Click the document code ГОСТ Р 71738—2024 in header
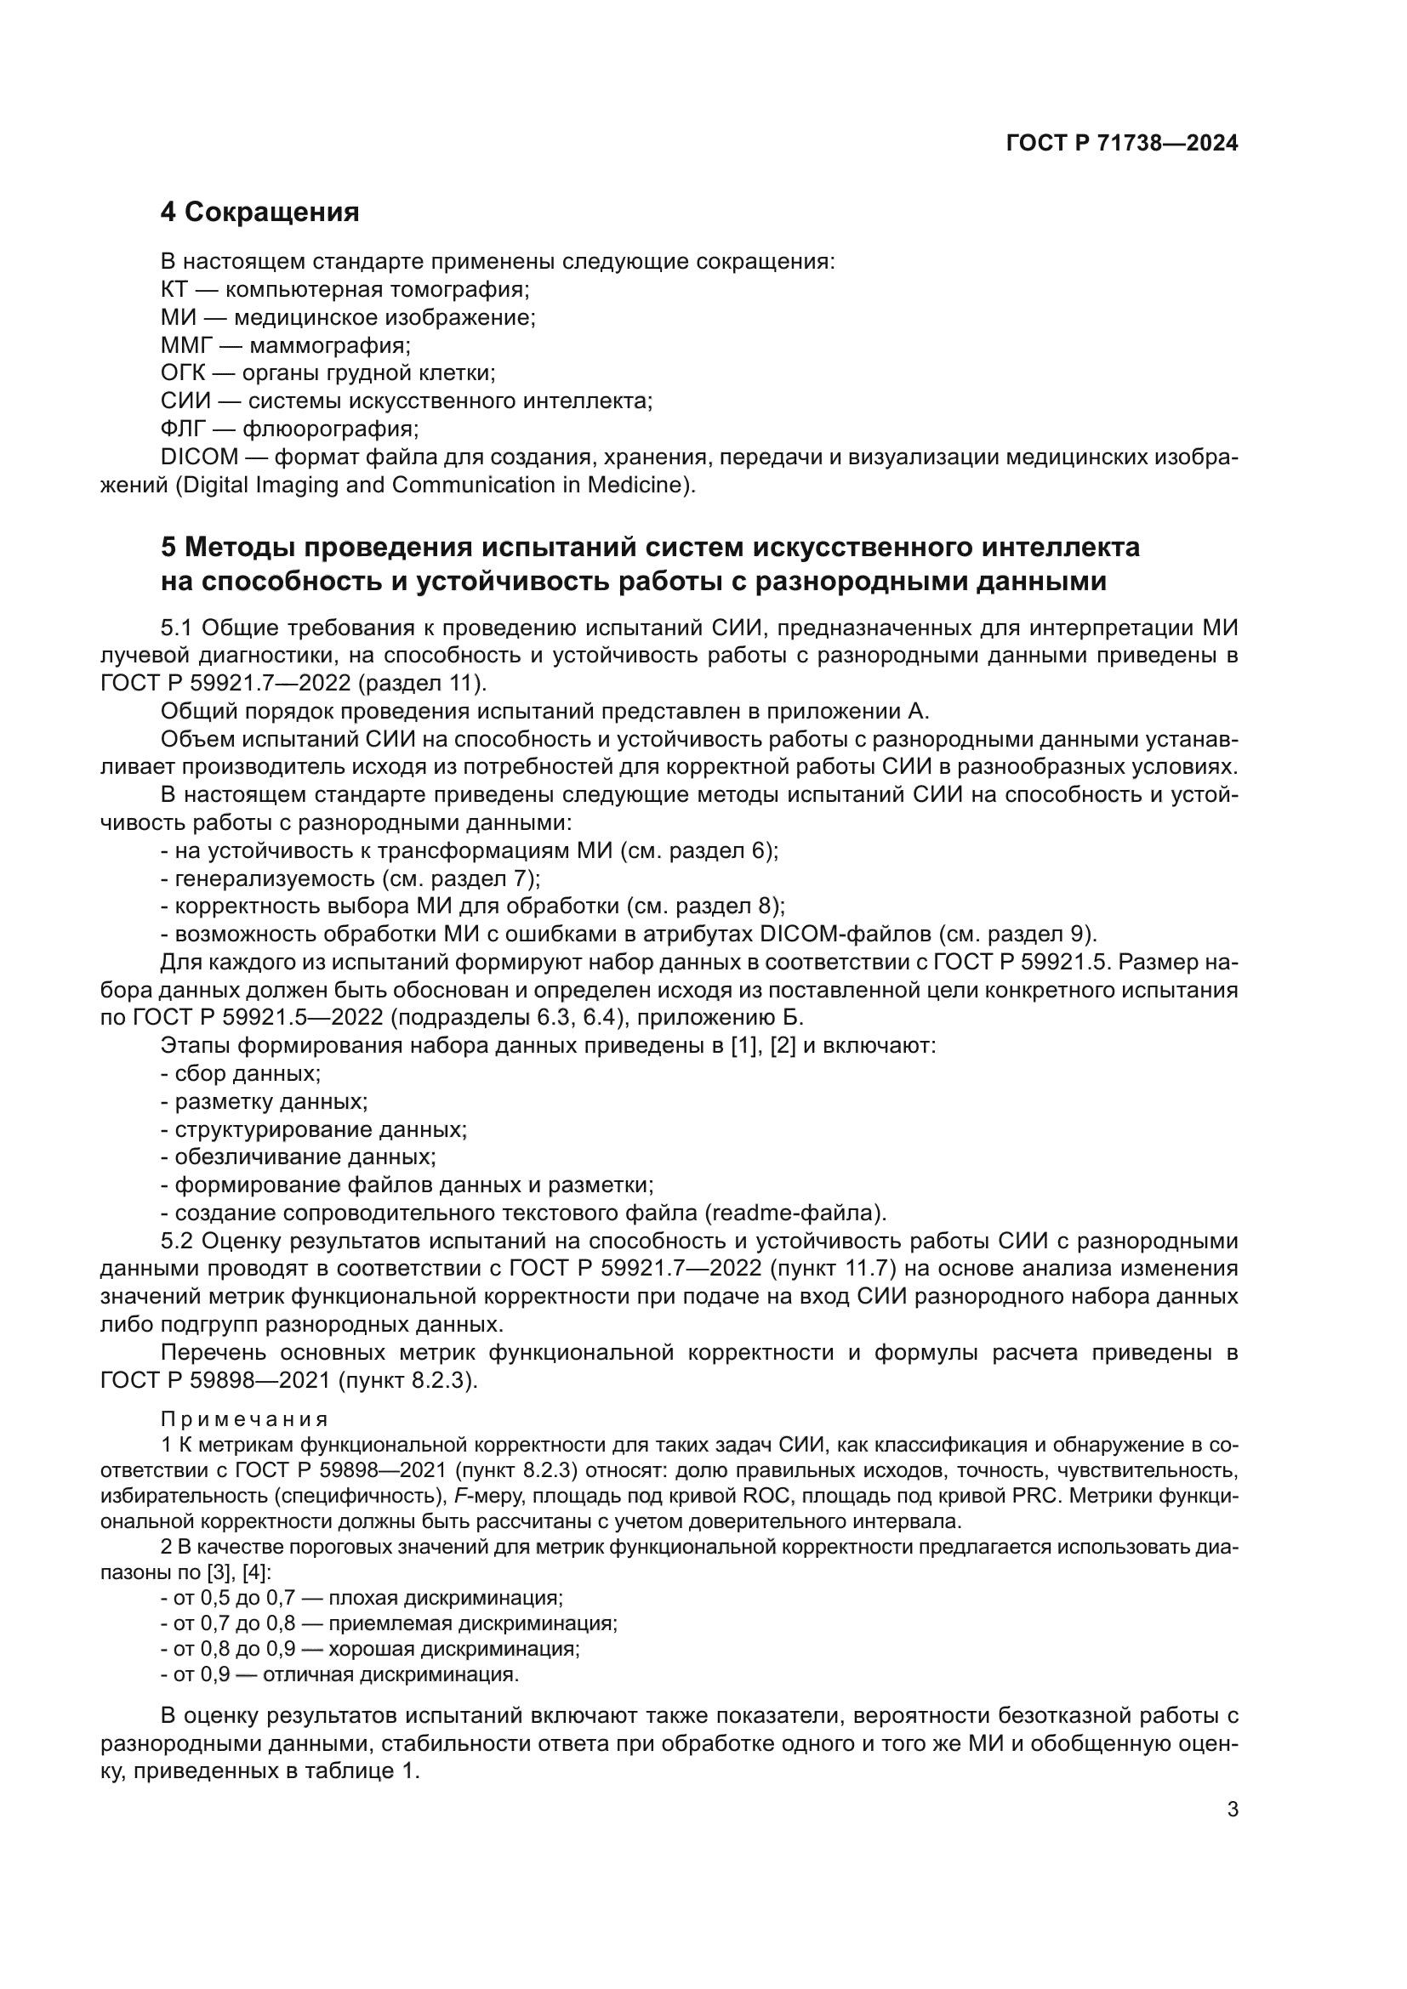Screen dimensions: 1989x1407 (x=1121, y=144)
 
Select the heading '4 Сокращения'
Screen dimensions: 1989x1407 (x=260, y=212)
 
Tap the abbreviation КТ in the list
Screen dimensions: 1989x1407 (x=174, y=289)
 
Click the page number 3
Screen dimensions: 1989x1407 (x=1233, y=1810)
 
